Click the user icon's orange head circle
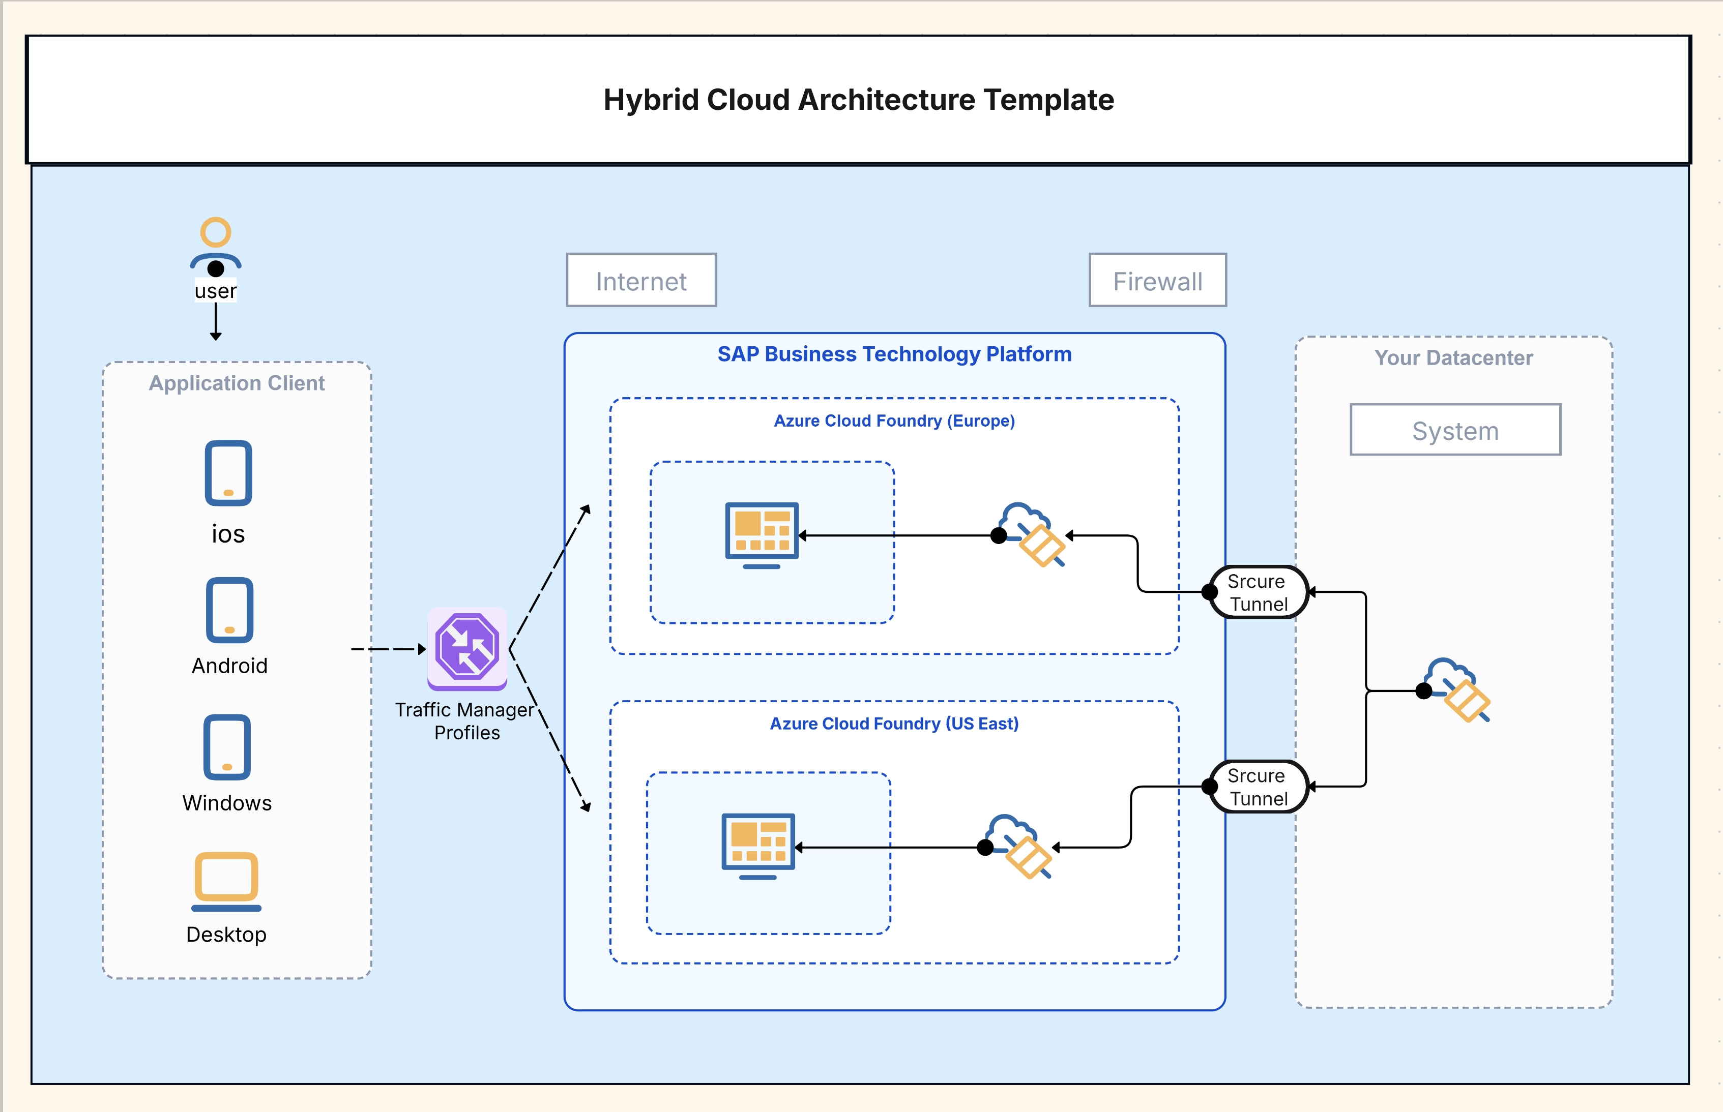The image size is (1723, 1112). [x=215, y=232]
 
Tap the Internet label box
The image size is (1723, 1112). [x=641, y=280]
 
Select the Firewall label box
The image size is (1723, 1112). [x=1157, y=280]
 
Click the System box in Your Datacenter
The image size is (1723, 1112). [x=1455, y=430]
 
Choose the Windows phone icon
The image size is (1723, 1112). [x=227, y=747]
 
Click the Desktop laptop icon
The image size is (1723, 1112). [x=226, y=881]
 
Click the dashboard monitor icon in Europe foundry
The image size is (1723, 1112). [x=762, y=534]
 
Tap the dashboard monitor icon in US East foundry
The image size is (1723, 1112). [x=758, y=846]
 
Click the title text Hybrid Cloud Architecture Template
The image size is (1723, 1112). [x=858, y=100]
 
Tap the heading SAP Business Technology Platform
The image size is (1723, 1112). [x=894, y=354]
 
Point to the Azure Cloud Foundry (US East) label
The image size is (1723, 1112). [x=894, y=724]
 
